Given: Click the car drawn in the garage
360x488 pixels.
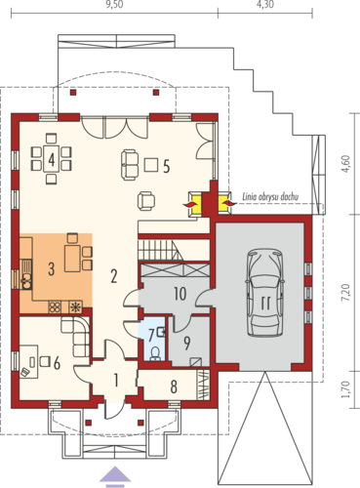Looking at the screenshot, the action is pos(264,293).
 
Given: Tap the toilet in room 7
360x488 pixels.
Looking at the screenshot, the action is pos(156,353).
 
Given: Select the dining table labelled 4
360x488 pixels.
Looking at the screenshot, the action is pos(52,158).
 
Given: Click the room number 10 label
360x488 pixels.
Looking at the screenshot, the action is pos(180,294).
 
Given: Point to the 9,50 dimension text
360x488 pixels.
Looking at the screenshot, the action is pos(114,5).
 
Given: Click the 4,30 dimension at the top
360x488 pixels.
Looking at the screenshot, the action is pos(265,5).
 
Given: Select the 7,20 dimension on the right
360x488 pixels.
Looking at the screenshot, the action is pos(347,292).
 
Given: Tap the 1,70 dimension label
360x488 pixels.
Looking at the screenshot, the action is pos(346,388).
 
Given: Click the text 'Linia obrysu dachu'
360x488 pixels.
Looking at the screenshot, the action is pos(270,196).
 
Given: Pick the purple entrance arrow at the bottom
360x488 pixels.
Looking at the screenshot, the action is pos(115,477).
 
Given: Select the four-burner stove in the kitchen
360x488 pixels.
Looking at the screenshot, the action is pos(55,306).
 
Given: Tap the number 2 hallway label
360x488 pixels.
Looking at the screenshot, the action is pos(113,276).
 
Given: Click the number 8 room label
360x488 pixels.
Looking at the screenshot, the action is pos(174,386).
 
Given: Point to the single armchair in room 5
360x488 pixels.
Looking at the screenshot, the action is pos(146,201).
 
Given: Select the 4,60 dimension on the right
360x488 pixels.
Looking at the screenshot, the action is pos(347,164).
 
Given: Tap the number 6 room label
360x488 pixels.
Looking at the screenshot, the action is pos(57,363).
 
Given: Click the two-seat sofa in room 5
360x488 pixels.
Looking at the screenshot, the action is pos(130,165).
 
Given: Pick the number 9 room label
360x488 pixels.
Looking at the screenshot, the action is pos(186,344).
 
